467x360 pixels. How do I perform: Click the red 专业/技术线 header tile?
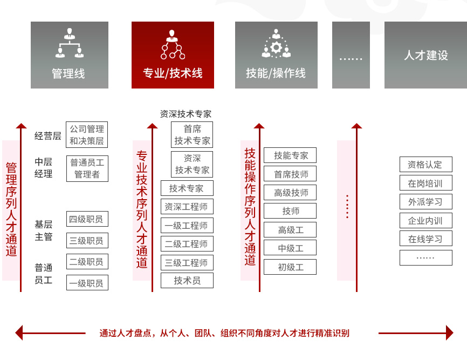pos(173,55)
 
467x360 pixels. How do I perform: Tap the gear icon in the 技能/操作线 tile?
pos(276,47)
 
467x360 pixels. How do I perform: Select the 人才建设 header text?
pos(426,55)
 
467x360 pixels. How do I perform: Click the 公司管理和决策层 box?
pos(87,135)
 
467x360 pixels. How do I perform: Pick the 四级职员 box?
pos(87,219)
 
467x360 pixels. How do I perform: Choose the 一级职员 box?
pos(87,282)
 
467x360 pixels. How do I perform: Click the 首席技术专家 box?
pos(192,135)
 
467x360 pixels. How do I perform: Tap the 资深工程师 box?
pos(187,207)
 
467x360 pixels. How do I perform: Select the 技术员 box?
pos(187,281)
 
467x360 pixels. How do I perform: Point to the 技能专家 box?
pos(290,155)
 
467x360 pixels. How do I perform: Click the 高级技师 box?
pos(290,193)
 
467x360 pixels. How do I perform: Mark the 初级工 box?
pos(290,267)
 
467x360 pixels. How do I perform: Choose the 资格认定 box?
pos(426,165)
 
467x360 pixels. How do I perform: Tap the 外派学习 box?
pos(426,202)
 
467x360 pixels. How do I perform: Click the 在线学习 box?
pos(426,239)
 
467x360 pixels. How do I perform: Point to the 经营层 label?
pos(47,136)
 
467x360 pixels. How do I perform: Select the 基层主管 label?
pos(44,230)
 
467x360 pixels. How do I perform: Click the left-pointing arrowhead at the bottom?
pos(19,333)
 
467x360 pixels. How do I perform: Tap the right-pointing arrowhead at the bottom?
pos(450,333)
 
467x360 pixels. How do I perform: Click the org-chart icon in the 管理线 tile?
pos(70,43)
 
